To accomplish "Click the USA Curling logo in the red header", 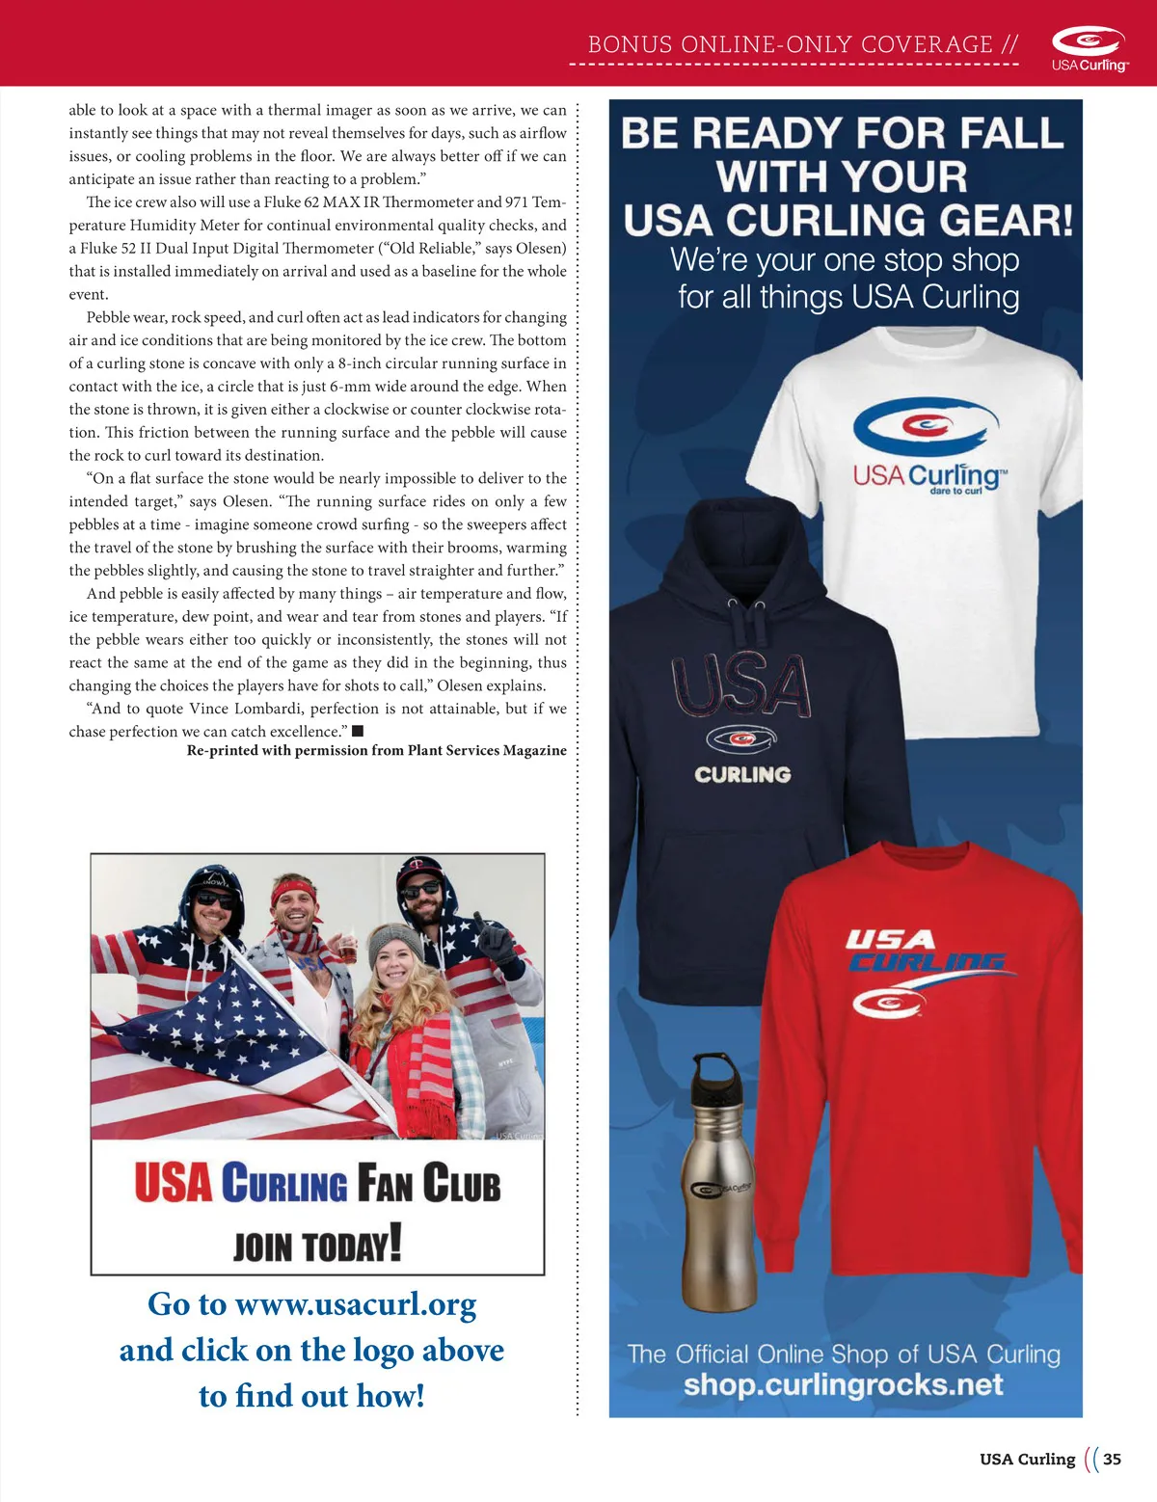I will click(x=1089, y=48).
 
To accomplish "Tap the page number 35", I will click(x=1112, y=1459).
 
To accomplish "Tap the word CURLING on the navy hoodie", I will click(x=742, y=774).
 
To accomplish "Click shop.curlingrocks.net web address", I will click(x=844, y=1384).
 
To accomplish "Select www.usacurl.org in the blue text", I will click(x=356, y=1304).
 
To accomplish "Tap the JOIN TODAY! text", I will click(x=317, y=1245).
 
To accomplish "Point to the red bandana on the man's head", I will click(x=295, y=886).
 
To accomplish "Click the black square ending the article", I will click(x=358, y=731).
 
